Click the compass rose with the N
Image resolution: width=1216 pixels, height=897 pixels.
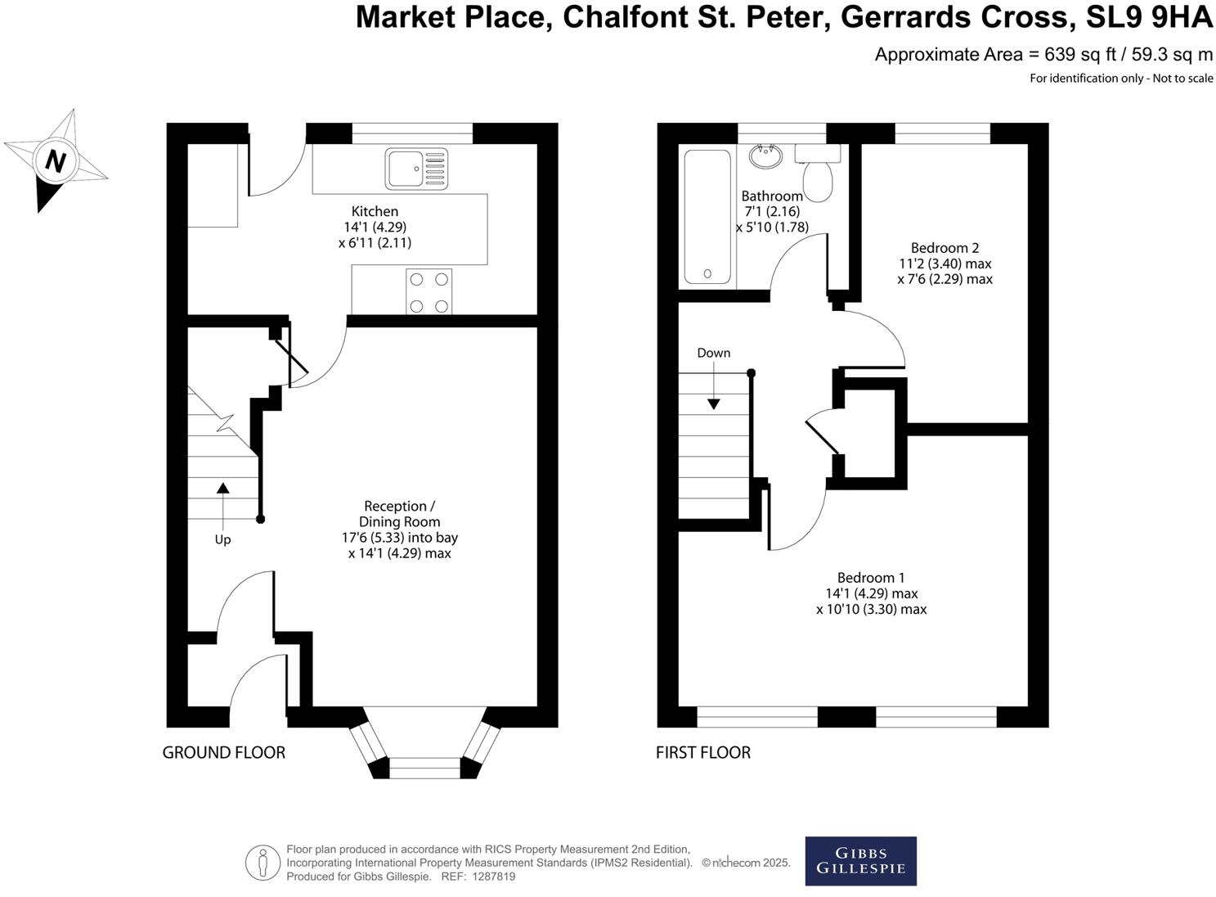click(x=55, y=160)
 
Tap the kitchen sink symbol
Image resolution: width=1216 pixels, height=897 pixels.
click(x=416, y=169)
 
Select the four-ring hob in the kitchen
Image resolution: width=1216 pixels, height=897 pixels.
click(x=429, y=292)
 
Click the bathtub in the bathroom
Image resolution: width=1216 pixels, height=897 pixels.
click(x=707, y=217)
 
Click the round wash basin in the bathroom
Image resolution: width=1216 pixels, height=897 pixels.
click(x=766, y=156)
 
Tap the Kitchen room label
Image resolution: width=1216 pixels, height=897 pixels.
click(x=375, y=211)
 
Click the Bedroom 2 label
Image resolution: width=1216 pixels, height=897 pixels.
click(x=945, y=248)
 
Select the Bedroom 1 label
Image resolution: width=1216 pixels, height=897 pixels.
click(x=871, y=578)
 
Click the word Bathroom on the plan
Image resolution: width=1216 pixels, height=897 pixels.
click(x=772, y=196)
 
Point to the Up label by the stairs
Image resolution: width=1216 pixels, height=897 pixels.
click(x=222, y=539)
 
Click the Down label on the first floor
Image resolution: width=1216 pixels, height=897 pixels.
click(x=714, y=353)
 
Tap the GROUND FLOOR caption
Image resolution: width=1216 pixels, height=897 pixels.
click(x=224, y=752)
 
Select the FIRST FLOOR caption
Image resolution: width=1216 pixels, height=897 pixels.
click(x=703, y=752)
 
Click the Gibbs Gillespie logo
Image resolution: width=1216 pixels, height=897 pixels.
click(x=860, y=861)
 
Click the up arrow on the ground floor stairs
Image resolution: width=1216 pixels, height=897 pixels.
click(x=222, y=489)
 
